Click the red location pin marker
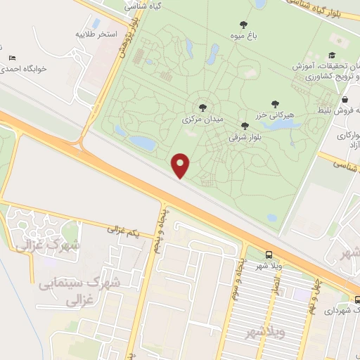click(x=181, y=165)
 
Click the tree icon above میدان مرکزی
click(x=202, y=108)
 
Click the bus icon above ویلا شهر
click(x=269, y=255)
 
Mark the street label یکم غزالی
click(x=124, y=229)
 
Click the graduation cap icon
click(x=332, y=56)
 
